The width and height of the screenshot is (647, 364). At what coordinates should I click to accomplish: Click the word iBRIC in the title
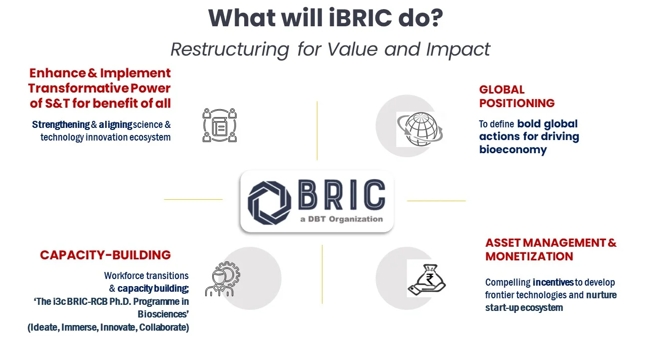[x=360, y=18]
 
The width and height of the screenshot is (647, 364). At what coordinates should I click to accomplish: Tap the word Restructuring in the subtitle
[x=230, y=50]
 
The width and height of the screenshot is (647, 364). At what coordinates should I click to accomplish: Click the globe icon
[x=420, y=129]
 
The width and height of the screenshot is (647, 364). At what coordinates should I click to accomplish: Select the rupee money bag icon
[x=427, y=280]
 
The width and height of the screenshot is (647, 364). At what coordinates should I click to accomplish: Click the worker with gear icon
[x=222, y=279]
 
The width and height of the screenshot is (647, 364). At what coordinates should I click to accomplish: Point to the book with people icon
[x=219, y=125]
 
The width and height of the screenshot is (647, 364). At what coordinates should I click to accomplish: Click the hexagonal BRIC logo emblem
[x=269, y=203]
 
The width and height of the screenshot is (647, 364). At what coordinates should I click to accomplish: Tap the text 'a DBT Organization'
[x=341, y=219]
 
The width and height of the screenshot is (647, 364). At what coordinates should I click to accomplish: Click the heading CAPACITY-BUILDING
[x=106, y=255]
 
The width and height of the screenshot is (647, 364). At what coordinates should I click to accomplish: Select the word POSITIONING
[x=517, y=103]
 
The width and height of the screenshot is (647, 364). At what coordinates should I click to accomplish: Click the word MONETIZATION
[x=529, y=256]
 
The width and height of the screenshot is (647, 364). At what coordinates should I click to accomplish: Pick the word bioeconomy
[x=513, y=150]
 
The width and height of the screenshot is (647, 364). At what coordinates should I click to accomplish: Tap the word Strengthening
[x=61, y=124]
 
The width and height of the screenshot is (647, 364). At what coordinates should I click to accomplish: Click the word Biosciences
[x=162, y=314]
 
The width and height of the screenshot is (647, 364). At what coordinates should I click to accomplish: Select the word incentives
[x=553, y=282]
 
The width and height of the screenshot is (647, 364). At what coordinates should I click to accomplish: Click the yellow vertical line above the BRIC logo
[x=317, y=130]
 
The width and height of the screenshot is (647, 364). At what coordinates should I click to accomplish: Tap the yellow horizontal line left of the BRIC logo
[x=193, y=199]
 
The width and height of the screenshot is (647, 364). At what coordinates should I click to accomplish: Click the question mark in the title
[x=436, y=18]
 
